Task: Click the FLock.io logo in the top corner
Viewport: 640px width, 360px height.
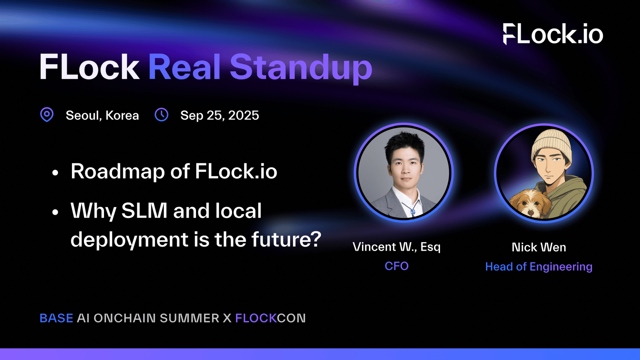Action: click(553, 34)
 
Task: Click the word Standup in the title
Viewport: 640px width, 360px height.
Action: click(301, 68)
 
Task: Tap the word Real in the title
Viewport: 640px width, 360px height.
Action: click(184, 67)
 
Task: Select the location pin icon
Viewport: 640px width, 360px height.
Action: click(47, 114)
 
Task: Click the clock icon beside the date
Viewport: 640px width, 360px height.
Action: click(162, 114)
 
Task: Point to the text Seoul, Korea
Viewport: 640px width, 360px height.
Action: click(102, 116)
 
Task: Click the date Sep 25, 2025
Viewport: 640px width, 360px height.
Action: click(220, 116)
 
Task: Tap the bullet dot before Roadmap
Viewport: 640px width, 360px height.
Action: click(55, 172)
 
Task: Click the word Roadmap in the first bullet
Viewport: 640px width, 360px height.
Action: click(118, 172)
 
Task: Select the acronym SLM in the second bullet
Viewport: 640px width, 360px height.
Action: click(144, 210)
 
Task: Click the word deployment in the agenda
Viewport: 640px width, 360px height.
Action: click(130, 240)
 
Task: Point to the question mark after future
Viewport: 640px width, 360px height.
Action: click(316, 238)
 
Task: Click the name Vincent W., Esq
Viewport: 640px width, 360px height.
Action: click(396, 247)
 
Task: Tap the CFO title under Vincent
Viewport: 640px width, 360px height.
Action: click(396, 266)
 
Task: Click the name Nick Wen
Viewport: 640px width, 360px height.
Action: click(539, 247)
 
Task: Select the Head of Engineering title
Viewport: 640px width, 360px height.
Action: click(539, 267)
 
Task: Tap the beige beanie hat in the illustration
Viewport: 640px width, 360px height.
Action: click(552, 146)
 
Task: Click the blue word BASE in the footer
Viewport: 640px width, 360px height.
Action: click(56, 318)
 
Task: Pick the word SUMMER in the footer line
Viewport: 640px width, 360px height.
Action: click(190, 318)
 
